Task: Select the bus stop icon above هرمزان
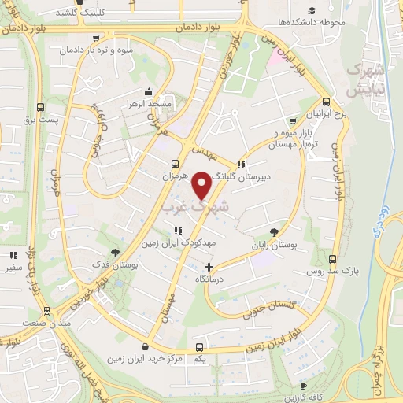coord(176,165)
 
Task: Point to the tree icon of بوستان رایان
coord(274,231)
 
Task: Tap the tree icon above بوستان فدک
coord(116,253)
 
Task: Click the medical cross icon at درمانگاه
coord(209,267)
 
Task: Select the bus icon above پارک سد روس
coord(334,258)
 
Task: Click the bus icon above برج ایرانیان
coord(327,101)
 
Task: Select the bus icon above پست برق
coord(40,108)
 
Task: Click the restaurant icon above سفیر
coord(13,255)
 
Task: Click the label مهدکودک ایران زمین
coord(177,243)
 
